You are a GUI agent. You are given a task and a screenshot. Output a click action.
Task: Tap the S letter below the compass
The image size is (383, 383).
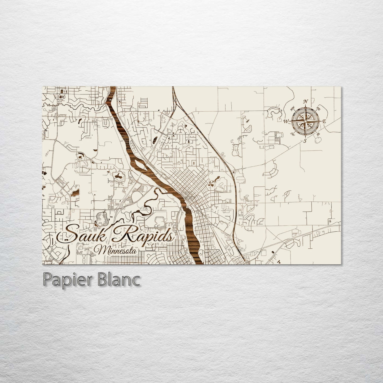(305, 140)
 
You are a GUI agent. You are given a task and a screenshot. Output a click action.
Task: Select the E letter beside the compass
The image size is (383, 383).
(324, 121)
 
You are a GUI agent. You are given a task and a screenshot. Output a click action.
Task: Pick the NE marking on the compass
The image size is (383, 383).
(319, 109)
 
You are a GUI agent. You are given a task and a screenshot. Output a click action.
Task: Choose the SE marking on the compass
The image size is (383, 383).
(318, 134)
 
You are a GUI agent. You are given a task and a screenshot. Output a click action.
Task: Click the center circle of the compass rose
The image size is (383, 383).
(305, 121)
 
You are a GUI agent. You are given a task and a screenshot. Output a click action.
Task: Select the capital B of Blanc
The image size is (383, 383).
(105, 279)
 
